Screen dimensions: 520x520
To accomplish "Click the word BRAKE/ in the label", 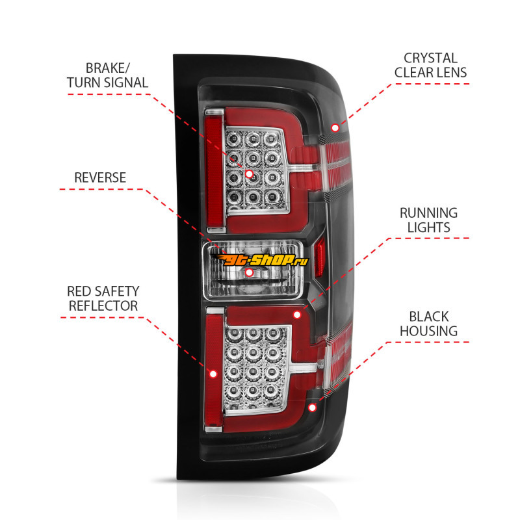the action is (x=108, y=68).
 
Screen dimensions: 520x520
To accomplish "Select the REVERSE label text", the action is (x=100, y=177).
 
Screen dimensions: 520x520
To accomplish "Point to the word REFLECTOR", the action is (x=103, y=305).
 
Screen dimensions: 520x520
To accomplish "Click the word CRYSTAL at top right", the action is (x=430, y=58).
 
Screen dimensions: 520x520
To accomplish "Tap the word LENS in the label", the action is (x=451, y=72).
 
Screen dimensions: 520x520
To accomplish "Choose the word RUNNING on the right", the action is (x=428, y=213).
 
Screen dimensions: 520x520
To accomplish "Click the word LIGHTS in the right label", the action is (x=428, y=227).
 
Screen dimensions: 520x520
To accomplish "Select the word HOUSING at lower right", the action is (x=428, y=331).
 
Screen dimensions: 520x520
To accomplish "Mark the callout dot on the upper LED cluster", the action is (x=250, y=174).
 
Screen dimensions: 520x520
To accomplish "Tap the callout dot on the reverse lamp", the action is (x=249, y=272).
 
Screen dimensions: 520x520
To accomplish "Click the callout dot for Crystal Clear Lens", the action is (x=335, y=127).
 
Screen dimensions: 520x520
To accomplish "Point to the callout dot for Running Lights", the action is (x=297, y=315).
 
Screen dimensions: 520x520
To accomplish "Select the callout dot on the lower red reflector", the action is (x=213, y=374).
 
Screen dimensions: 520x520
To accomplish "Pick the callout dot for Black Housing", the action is (x=312, y=408).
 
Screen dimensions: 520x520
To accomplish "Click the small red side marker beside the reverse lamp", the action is (x=320, y=256).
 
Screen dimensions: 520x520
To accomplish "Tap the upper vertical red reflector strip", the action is (x=214, y=171).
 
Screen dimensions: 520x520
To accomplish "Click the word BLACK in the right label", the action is (x=428, y=317).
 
